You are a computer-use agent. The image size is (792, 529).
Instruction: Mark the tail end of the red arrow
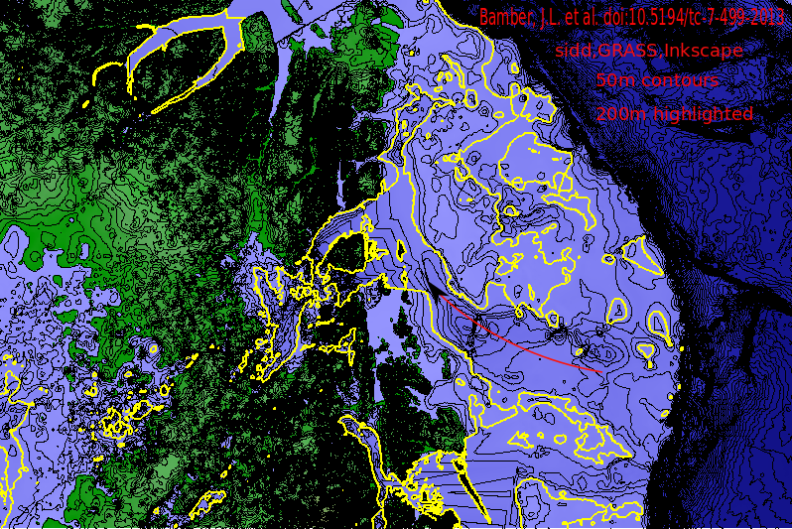point(602,371)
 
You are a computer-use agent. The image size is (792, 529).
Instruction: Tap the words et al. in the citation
point(583,18)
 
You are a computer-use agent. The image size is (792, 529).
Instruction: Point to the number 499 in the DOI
point(729,18)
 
